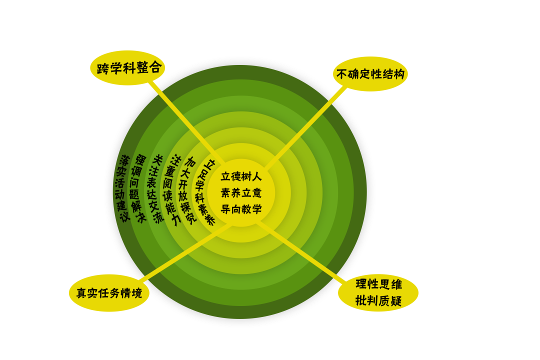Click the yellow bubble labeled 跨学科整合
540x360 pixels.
tap(127, 67)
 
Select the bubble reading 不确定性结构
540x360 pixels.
tap(370, 74)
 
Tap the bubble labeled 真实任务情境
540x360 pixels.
tap(109, 293)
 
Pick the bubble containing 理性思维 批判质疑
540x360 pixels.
tap(378, 292)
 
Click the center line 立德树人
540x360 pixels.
tap(241, 176)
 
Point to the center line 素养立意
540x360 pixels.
tap(241, 193)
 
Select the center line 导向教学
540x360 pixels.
tap(241, 209)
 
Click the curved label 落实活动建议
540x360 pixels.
tap(122, 188)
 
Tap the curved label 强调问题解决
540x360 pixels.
tap(137, 188)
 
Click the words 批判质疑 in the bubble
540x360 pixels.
tap(378, 300)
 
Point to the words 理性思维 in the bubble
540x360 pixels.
tap(378, 284)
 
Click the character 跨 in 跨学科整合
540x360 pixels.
tap(102, 69)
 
